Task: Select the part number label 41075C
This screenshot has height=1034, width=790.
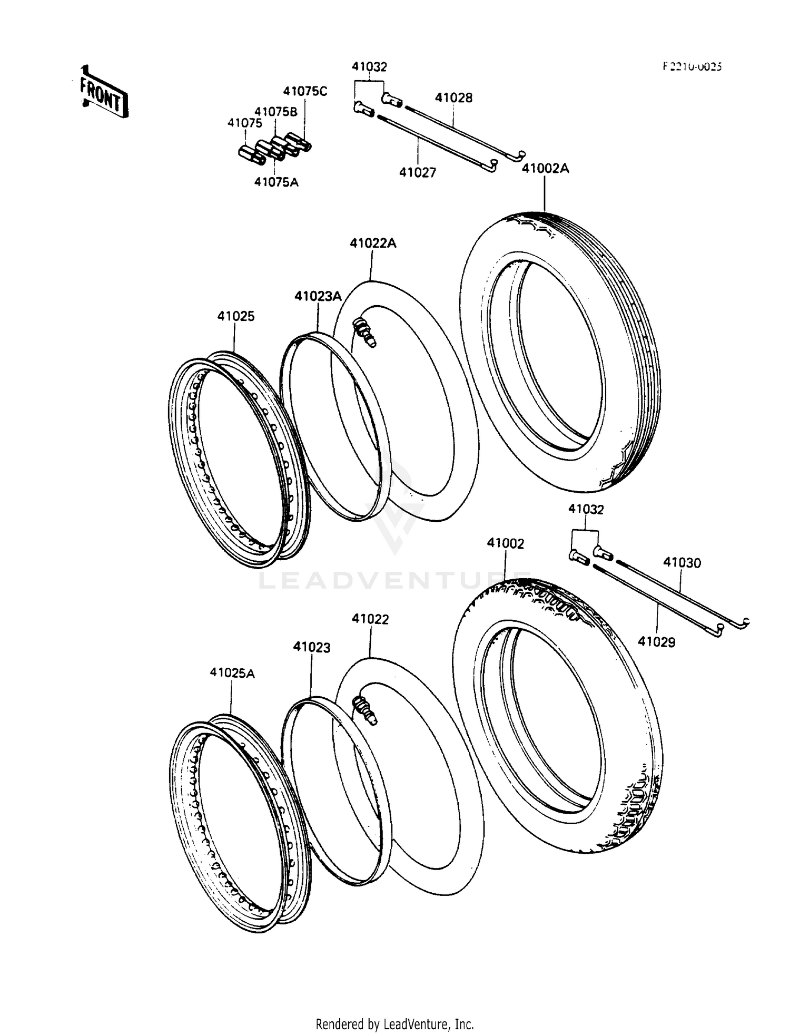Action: point(305,91)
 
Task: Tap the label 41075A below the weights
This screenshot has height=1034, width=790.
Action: point(276,182)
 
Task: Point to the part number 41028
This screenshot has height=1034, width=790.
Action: point(453,97)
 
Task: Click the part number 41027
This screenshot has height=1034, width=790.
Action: point(417,172)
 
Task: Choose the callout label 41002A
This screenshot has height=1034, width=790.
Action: point(545,169)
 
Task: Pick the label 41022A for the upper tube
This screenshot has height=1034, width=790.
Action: point(373,243)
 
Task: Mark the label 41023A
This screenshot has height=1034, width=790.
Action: point(318,296)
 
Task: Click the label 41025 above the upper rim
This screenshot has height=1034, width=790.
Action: point(236,316)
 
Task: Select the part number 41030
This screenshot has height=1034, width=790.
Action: point(682,563)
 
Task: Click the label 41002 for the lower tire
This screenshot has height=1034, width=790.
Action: point(505,543)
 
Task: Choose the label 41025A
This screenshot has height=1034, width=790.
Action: point(232,673)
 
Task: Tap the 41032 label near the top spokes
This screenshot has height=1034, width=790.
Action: point(369,67)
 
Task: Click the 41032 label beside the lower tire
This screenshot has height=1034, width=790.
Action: point(586,510)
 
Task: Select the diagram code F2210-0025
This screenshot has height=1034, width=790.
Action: point(692,66)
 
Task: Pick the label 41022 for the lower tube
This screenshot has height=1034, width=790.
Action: point(370,619)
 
